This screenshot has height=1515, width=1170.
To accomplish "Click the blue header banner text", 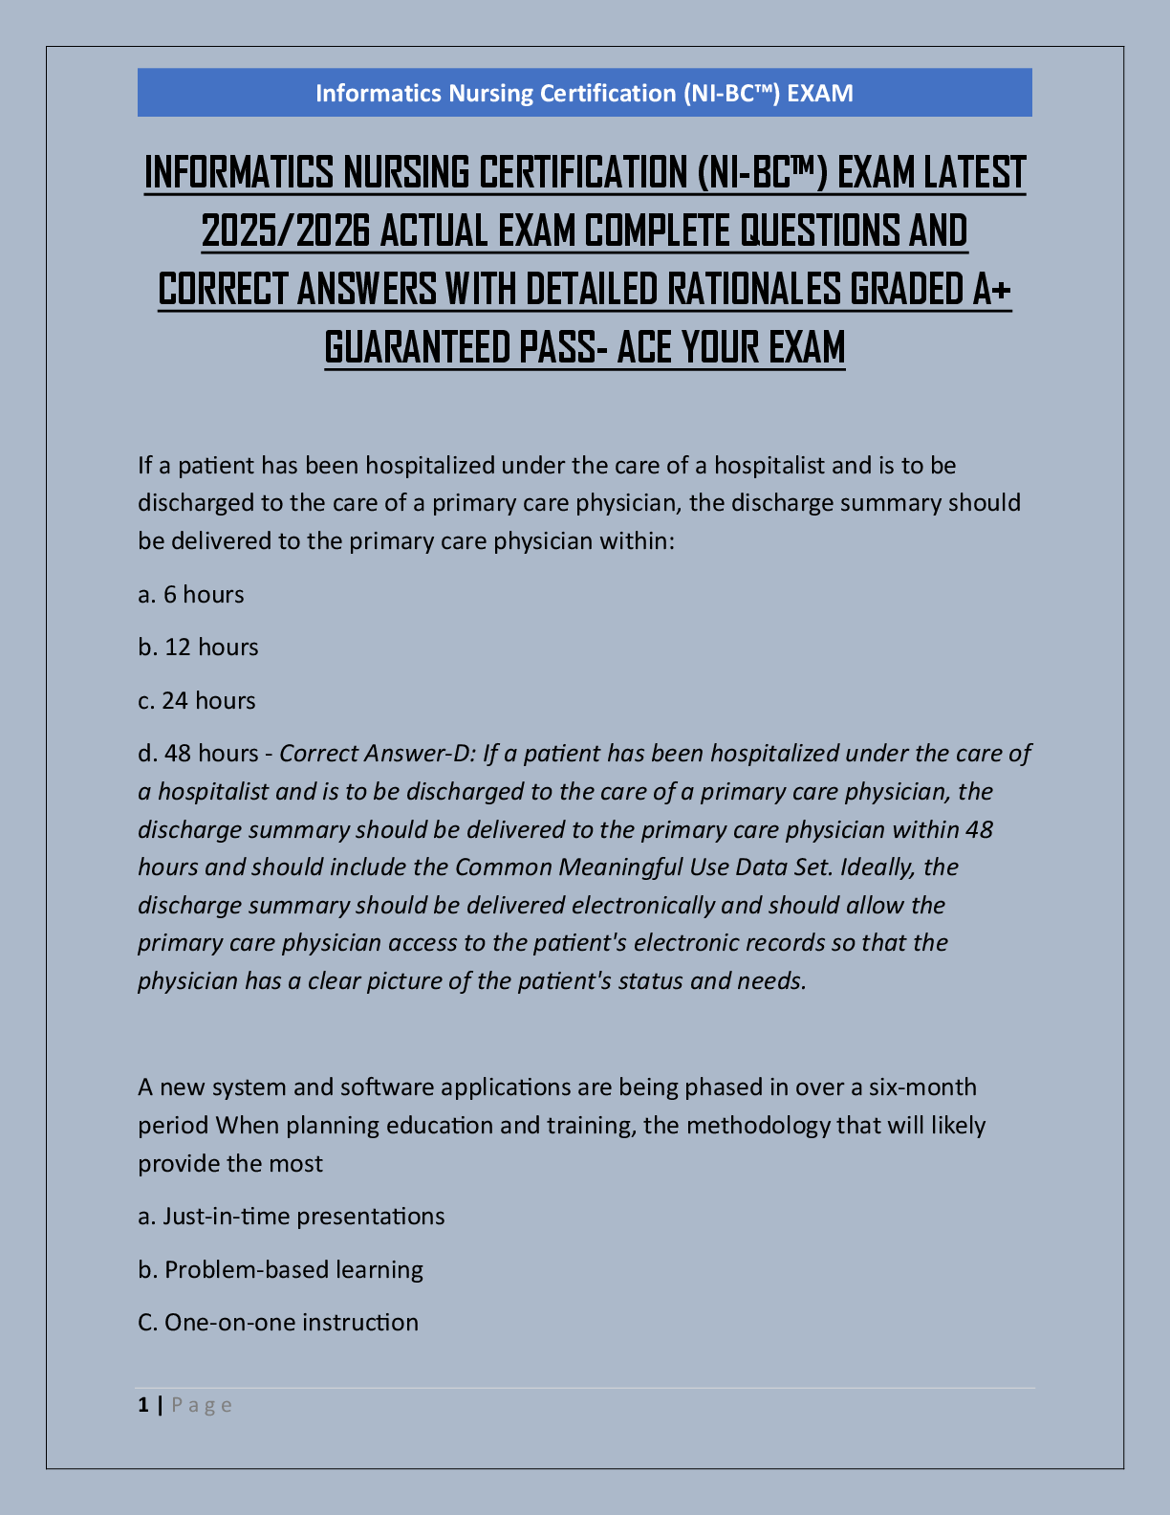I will pos(584,93).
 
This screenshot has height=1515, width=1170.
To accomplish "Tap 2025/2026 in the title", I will pos(286,231).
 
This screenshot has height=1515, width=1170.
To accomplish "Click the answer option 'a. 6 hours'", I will pos(191,595).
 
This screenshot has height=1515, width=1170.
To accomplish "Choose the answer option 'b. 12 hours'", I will pos(198,648).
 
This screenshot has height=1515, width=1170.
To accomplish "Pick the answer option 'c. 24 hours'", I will pos(197,701).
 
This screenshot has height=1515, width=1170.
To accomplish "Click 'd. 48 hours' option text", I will pos(198,754).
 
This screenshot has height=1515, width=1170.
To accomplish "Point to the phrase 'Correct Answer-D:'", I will pos(377,754).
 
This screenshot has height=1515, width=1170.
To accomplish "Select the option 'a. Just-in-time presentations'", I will pos(292,1217).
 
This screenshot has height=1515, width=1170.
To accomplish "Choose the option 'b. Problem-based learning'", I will pos(280,1270).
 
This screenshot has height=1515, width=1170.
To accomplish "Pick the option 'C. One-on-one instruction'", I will pos(278,1323).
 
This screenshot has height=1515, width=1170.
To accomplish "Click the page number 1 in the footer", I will pos(143,1405).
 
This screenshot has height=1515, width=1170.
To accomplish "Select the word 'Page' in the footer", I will pos(202,1405).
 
